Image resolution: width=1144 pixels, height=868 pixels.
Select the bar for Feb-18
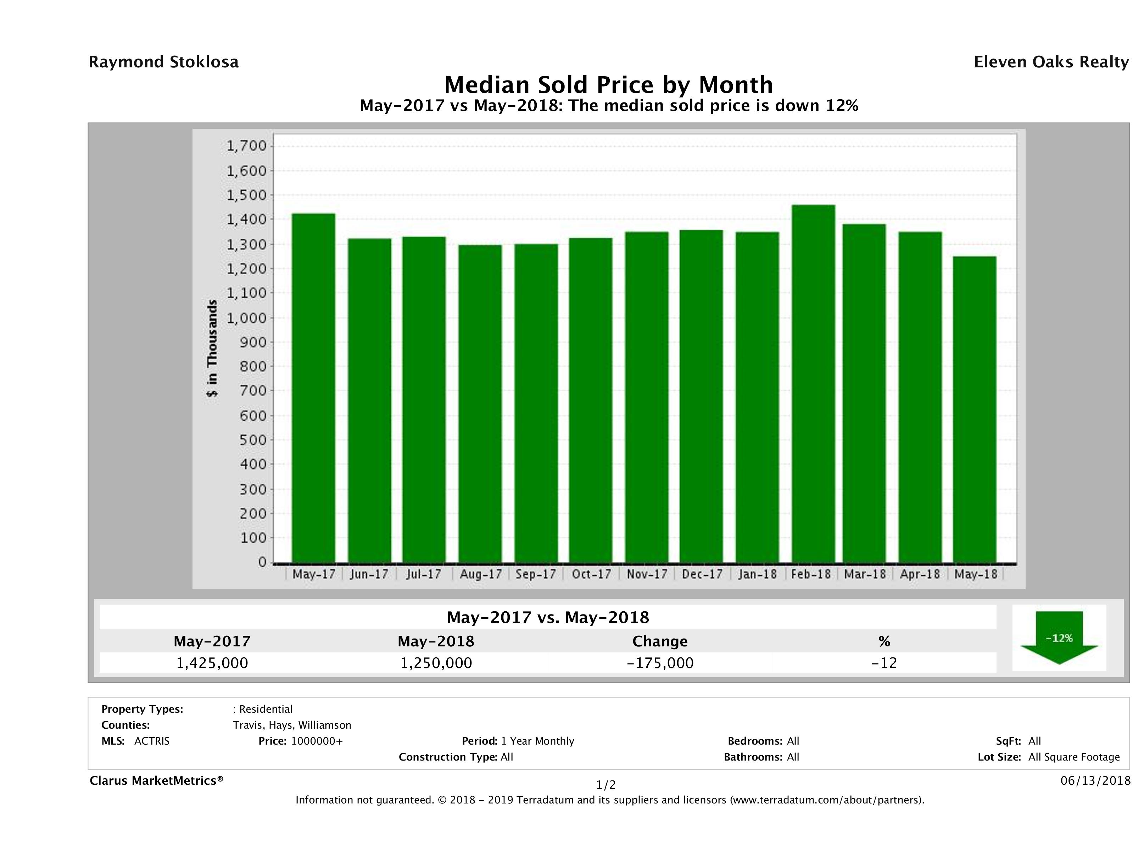click(x=813, y=383)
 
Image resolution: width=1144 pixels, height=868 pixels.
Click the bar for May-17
click(x=313, y=388)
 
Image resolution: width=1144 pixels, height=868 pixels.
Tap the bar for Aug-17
click(x=480, y=404)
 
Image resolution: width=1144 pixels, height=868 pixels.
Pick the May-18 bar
click(x=975, y=409)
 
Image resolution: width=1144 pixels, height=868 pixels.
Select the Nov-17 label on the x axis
click(x=647, y=574)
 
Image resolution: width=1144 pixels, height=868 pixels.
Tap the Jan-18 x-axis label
click(x=758, y=574)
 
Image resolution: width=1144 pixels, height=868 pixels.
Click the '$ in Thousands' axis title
click(x=212, y=348)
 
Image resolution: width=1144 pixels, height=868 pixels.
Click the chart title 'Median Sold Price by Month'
click(x=609, y=84)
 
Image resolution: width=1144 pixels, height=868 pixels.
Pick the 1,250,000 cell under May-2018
click(x=436, y=663)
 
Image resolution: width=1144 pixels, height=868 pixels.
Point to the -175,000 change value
click(x=660, y=663)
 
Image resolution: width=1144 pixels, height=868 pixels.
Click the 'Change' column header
click(x=660, y=641)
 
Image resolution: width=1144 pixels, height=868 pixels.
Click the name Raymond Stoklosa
click(x=163, y=62)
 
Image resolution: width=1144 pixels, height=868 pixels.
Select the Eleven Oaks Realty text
click(x=1051, y=62)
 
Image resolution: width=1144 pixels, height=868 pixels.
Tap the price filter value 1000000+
click(x=317, y=741)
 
